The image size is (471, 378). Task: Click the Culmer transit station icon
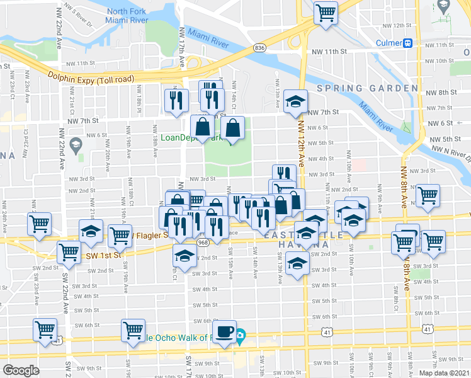pyautogui.click(x=409, y=43)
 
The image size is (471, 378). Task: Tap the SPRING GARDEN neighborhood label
pyautogui.click(x=367, y=88)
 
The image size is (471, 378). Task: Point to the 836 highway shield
pyautogui.click(x=259, y=48)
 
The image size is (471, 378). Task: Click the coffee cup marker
pyautogui.click(x=225, y=331)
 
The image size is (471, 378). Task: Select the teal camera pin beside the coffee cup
pyautogui.click(x=241, y=338)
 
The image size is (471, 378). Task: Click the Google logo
pyautogui.click(x=21, y=370)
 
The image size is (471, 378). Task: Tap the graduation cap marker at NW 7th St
pyautogui.click(x=295, y=101)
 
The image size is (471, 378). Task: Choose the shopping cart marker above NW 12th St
pyautogui.click(x=326, y=12)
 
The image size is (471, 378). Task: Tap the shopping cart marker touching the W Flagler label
pyautogui.click(x=119, y=236)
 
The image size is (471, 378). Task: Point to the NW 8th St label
pyautogui.click(x=448, y=92)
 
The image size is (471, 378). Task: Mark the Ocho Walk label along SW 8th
pyautogui.click(x=189, y=338)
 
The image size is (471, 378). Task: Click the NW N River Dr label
pyautogui.click(x=451, y=152)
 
